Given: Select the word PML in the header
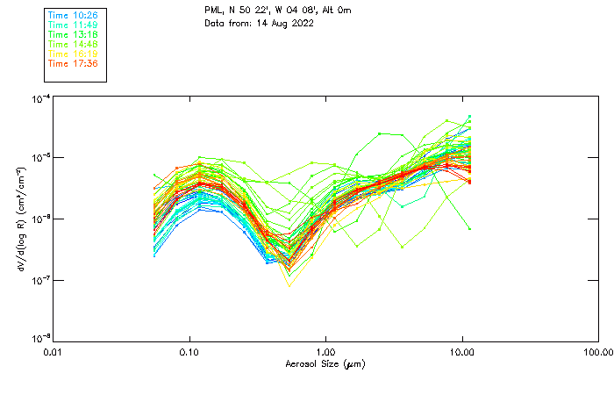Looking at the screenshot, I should (x=214, y=11).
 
